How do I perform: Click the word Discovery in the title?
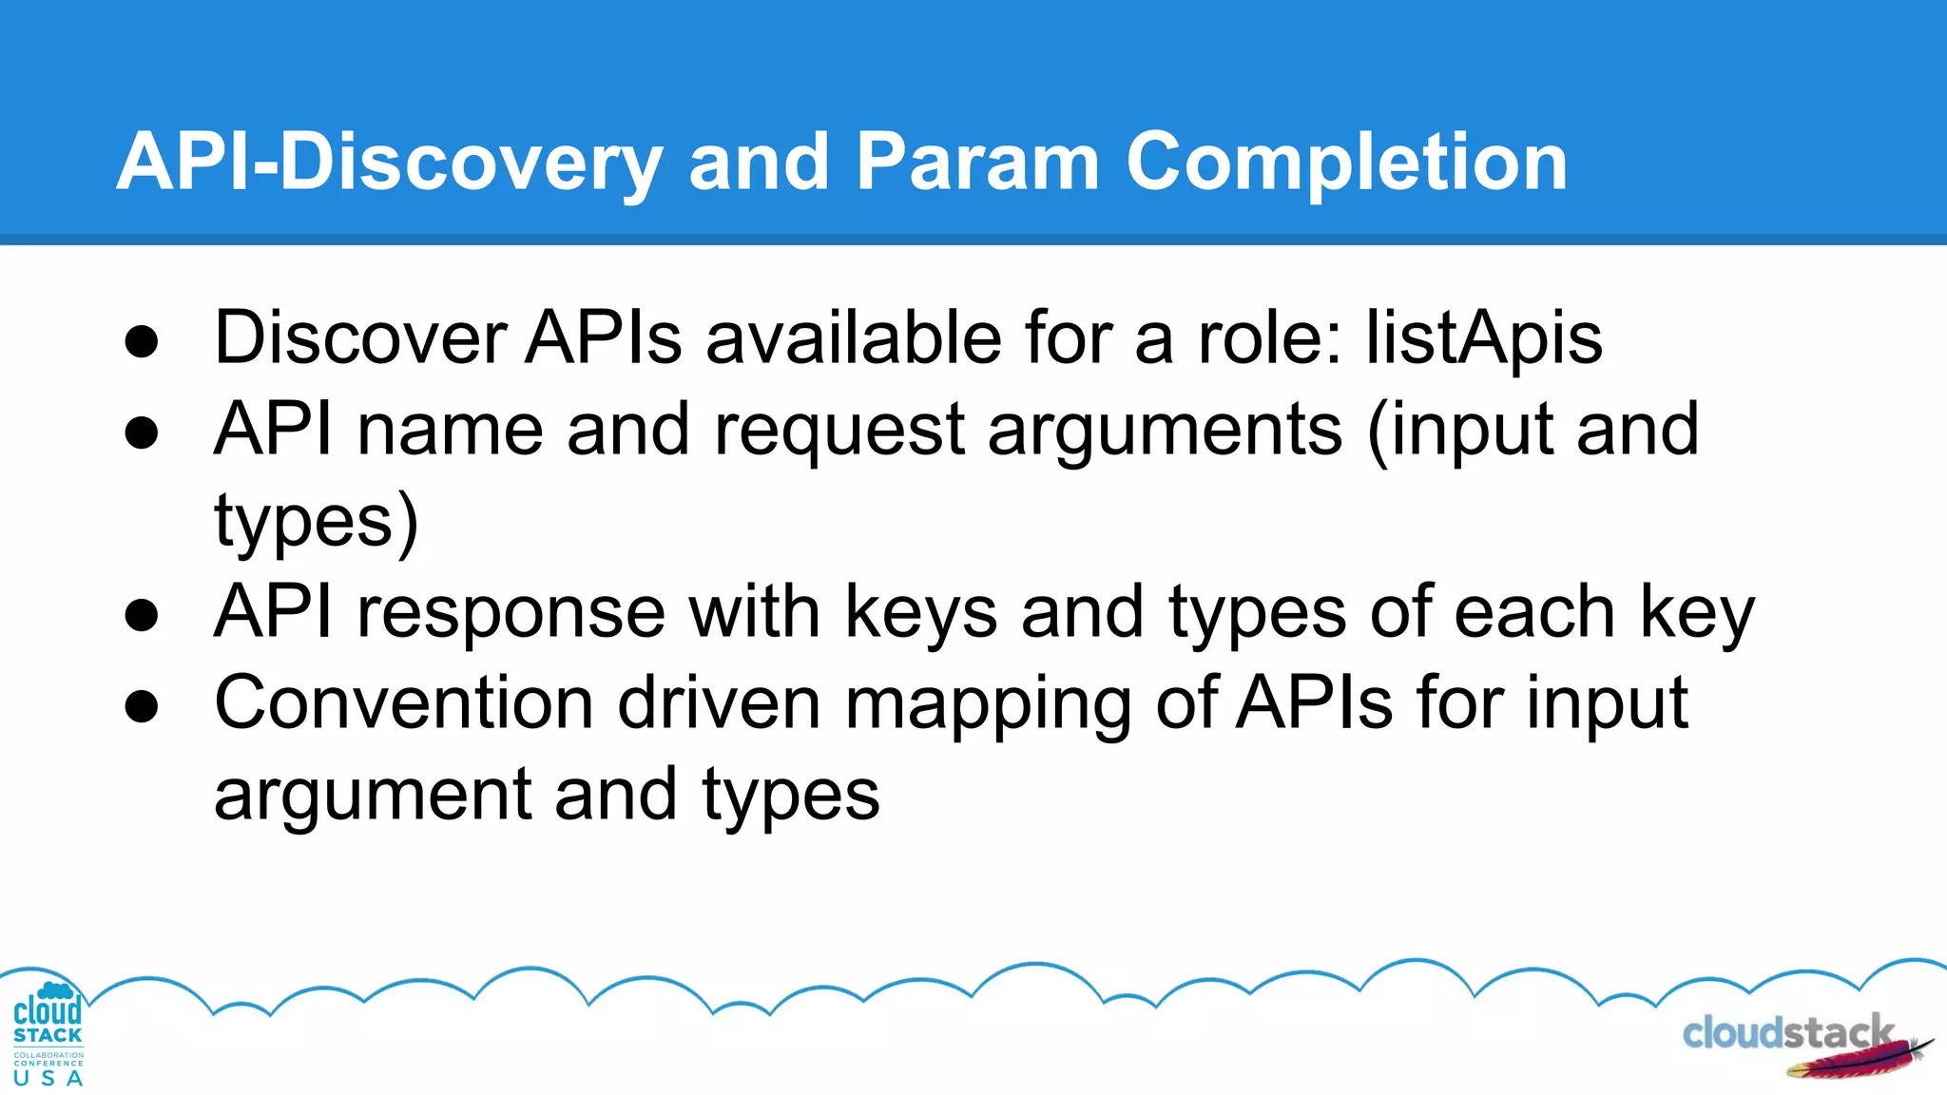(471, 163)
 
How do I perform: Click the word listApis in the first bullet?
(1484, 339)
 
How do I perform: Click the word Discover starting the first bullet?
(360, 339)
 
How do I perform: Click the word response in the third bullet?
(511, 613)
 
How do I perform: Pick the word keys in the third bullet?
(920, 613)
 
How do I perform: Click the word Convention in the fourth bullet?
(404, 704)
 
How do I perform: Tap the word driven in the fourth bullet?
(719, 704)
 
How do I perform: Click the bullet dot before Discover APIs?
(142, 343)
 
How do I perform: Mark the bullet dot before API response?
(142, 616)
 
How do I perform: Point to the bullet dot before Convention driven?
(142, 707)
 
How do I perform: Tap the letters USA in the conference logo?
(48, 1079)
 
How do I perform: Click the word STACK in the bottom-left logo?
(48, 1036)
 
